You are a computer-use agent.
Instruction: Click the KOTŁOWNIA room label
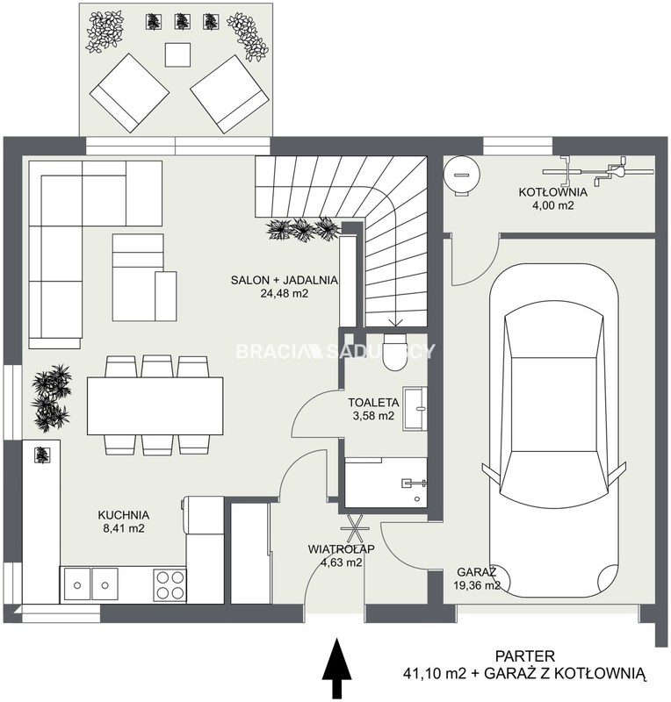pos(552,192)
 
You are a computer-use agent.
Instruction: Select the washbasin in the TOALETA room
pos(415,409)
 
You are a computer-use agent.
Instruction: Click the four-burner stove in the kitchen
pos(170,584)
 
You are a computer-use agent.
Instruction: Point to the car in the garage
pos(554,430)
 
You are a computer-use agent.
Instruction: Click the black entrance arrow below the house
pos(336,669)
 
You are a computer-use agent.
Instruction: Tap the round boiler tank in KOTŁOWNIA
pos(462,175)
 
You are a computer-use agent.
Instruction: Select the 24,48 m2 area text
pos(285,294)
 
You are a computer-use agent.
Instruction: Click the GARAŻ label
pos(477,572)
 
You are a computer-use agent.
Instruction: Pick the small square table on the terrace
pos(178,54)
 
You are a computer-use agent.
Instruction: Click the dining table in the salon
pos(155,406)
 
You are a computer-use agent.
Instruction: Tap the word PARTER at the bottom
pos(525,656)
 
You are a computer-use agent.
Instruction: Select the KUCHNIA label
pos(123,515)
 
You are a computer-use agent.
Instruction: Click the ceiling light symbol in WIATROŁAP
pos(355,529)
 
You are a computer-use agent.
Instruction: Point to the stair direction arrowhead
pos(395,322)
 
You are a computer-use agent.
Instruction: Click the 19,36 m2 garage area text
pos(477,585)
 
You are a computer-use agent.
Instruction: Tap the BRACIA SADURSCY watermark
pos(335,352)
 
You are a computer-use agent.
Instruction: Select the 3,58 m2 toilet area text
pos(373,415)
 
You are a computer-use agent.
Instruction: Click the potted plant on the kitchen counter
pos(42,455)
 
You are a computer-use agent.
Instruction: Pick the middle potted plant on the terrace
pos(181,21)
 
